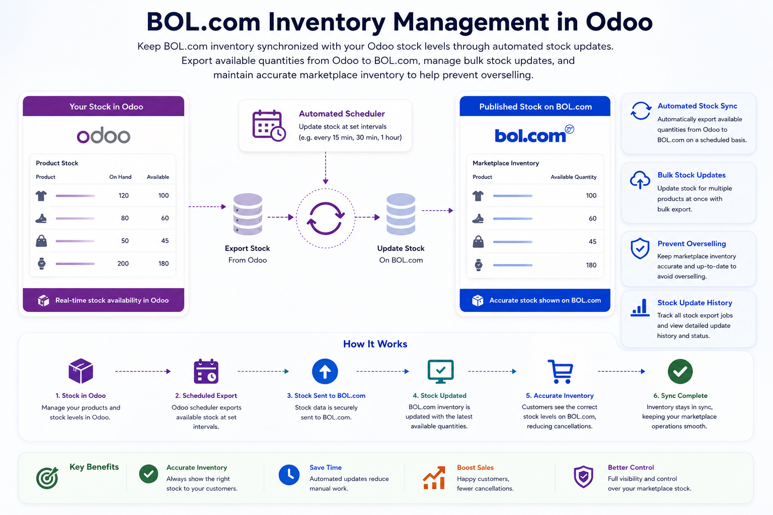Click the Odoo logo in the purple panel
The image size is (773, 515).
[104, 135]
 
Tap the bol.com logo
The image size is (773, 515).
[534, 134]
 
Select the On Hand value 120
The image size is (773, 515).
[123, 196]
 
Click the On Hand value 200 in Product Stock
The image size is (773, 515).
[123, 264]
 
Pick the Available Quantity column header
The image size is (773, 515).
[573, 177]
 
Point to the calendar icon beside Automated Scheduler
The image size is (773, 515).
[269, 126]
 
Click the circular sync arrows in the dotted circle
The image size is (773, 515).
[326, 218]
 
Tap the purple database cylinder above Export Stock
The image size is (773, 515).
[248, 214]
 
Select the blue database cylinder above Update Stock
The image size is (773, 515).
[401, 214]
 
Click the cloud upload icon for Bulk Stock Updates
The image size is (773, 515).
[640, 180]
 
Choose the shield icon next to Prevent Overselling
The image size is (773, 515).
[640, 248]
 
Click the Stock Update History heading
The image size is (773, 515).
[694, 303]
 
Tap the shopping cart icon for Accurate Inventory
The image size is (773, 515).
[561, 372]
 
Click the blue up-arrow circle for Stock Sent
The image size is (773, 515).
[325, 372]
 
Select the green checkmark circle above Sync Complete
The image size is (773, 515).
[680, 372]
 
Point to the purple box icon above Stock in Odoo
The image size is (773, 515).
[81, 371]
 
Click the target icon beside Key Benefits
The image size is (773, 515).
[47, 478]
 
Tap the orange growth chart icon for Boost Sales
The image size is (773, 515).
[434, 478]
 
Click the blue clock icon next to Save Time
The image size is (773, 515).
[289, 475]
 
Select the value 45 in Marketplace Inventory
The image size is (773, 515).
[592, 241]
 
